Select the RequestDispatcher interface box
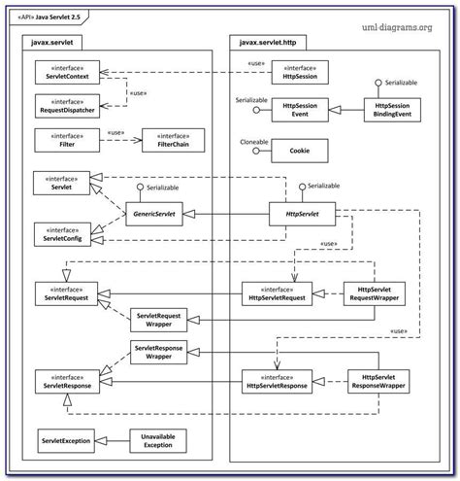(x=63, y=105)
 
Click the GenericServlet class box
(x=159, y=210)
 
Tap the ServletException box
(x=66, y=441)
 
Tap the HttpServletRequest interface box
(x=277, y=292)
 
